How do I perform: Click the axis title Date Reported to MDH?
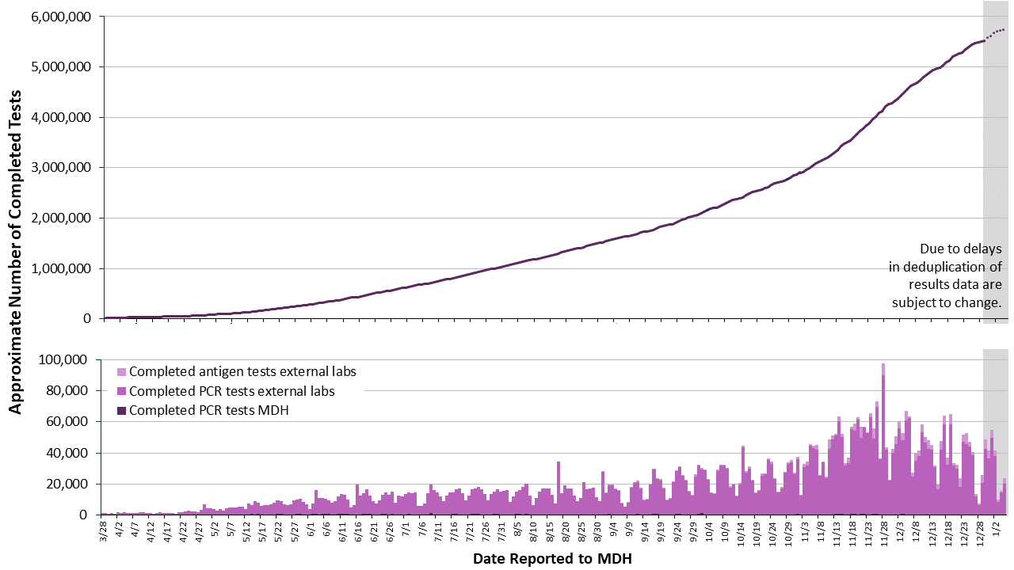pyautogui.click(x=552, y=559)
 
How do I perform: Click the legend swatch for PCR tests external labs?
pyautogui.click(x=121, y=391)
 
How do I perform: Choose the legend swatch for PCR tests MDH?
pyautogui.click(x=121, y=410)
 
